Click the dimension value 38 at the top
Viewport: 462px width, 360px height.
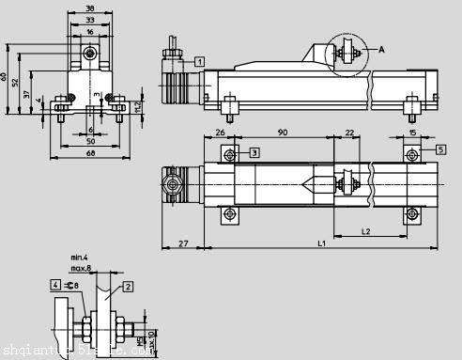(88, 8)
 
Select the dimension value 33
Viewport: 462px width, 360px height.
(88, 19)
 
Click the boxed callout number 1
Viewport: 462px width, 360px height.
(200, 60)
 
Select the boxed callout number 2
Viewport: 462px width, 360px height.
(129, 285)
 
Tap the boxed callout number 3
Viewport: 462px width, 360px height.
(254, 151)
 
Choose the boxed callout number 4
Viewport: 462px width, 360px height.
(55, 285)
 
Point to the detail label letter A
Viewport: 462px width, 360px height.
(381, 48)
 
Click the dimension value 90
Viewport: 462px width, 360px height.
(282, 133)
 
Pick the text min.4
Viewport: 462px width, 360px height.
(79, 257)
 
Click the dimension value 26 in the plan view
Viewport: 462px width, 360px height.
(220, 133)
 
